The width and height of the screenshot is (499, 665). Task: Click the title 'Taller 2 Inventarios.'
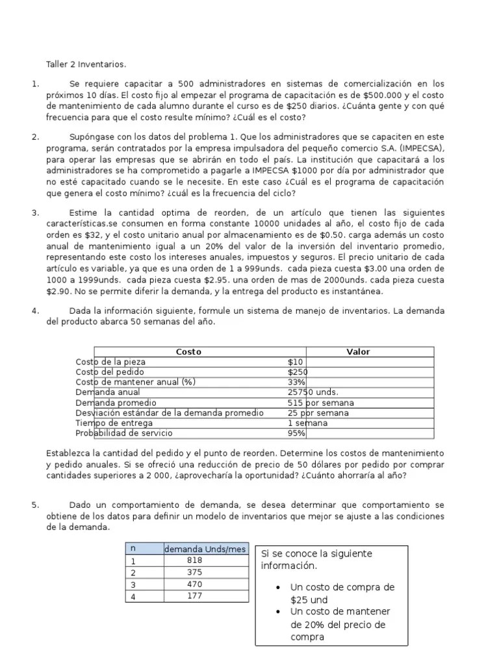(86, 64)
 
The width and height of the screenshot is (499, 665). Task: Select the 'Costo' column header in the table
(189, 352)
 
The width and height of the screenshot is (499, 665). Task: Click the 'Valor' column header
(358, 352)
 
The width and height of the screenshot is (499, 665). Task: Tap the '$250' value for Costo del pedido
(298, 372)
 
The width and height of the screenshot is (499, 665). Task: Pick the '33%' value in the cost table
(296, 383)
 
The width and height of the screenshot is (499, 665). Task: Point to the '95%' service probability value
(296, 433)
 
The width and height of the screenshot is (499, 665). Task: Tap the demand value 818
(194, 561)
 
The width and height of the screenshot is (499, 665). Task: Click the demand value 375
(194, 572)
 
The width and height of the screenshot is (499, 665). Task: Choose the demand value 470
(194, 584)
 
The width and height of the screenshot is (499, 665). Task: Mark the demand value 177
(194, 596)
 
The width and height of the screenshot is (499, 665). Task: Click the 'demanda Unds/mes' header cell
(205, 549)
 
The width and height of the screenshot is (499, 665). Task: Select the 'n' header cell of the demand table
(133, 549)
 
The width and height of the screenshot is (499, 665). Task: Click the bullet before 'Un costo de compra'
(278, 588)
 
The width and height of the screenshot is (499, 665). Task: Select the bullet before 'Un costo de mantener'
(278, 612)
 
